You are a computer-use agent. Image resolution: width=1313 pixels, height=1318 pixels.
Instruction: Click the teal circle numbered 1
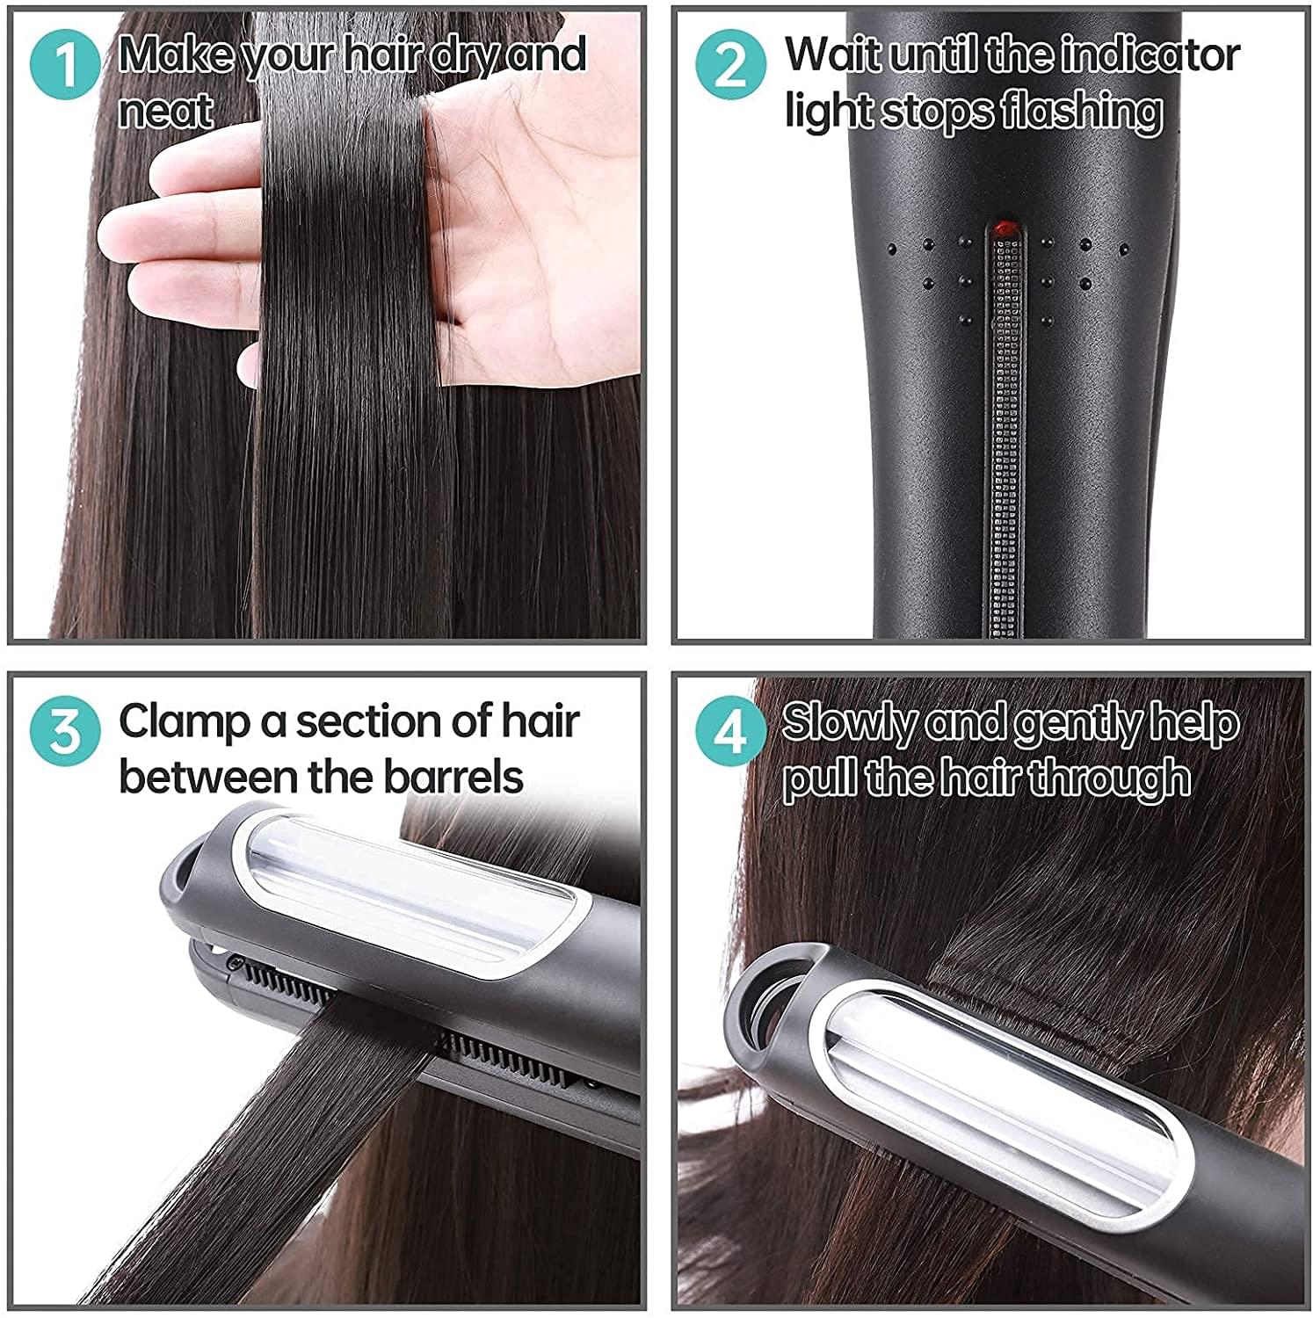click(65, 64)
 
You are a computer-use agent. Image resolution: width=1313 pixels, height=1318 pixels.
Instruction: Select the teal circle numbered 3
click(65, 731)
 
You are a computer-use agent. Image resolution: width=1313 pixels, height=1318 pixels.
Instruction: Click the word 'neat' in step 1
click(165, 112)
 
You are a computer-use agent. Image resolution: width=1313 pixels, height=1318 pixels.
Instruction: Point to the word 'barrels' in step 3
click(453, 777)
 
